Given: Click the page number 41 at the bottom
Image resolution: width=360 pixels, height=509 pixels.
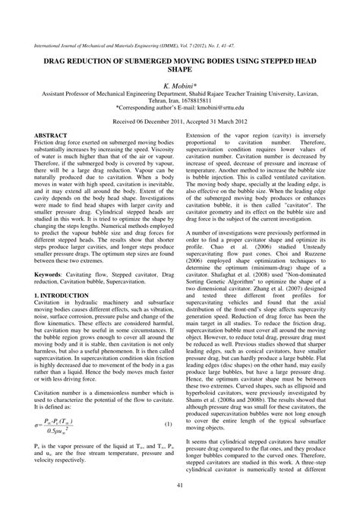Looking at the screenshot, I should [179, 487].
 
